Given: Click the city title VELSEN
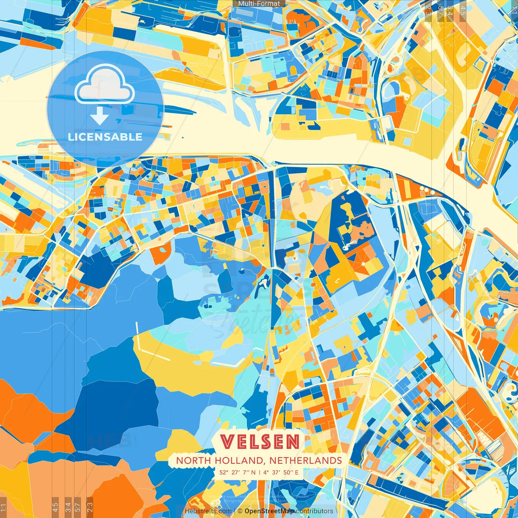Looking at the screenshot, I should click(260, 442).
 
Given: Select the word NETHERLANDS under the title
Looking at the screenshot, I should click(306, 461).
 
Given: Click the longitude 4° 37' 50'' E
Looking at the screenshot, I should click(281, 472).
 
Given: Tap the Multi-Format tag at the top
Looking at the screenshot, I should click(259, 4).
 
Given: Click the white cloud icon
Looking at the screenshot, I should click(105, 84).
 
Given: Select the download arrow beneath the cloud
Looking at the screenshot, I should click(100, 117).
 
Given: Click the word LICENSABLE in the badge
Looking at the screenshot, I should click(105, 137).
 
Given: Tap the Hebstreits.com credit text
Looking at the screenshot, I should click(208, 511).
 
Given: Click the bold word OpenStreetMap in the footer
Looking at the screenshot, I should click(269, 511).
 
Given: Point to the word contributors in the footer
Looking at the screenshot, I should click(314, 511).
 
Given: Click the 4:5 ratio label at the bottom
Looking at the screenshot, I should click(55, 506).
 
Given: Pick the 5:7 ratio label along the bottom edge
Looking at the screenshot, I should click(78, 506).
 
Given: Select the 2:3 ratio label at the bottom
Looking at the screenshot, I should click(89, 506).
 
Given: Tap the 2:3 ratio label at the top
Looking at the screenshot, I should click(428, 11).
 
